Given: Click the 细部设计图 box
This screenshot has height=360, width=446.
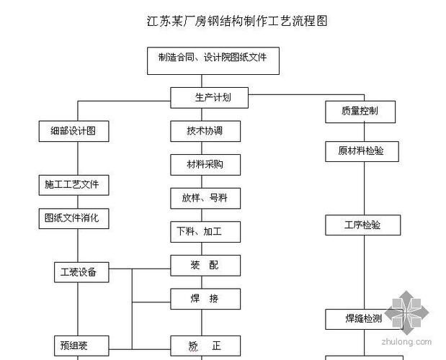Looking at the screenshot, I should coord(73,131).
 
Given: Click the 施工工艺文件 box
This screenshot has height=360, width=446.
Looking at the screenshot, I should coord(73,185).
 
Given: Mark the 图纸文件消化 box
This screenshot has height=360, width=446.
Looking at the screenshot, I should coord(73,218).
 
